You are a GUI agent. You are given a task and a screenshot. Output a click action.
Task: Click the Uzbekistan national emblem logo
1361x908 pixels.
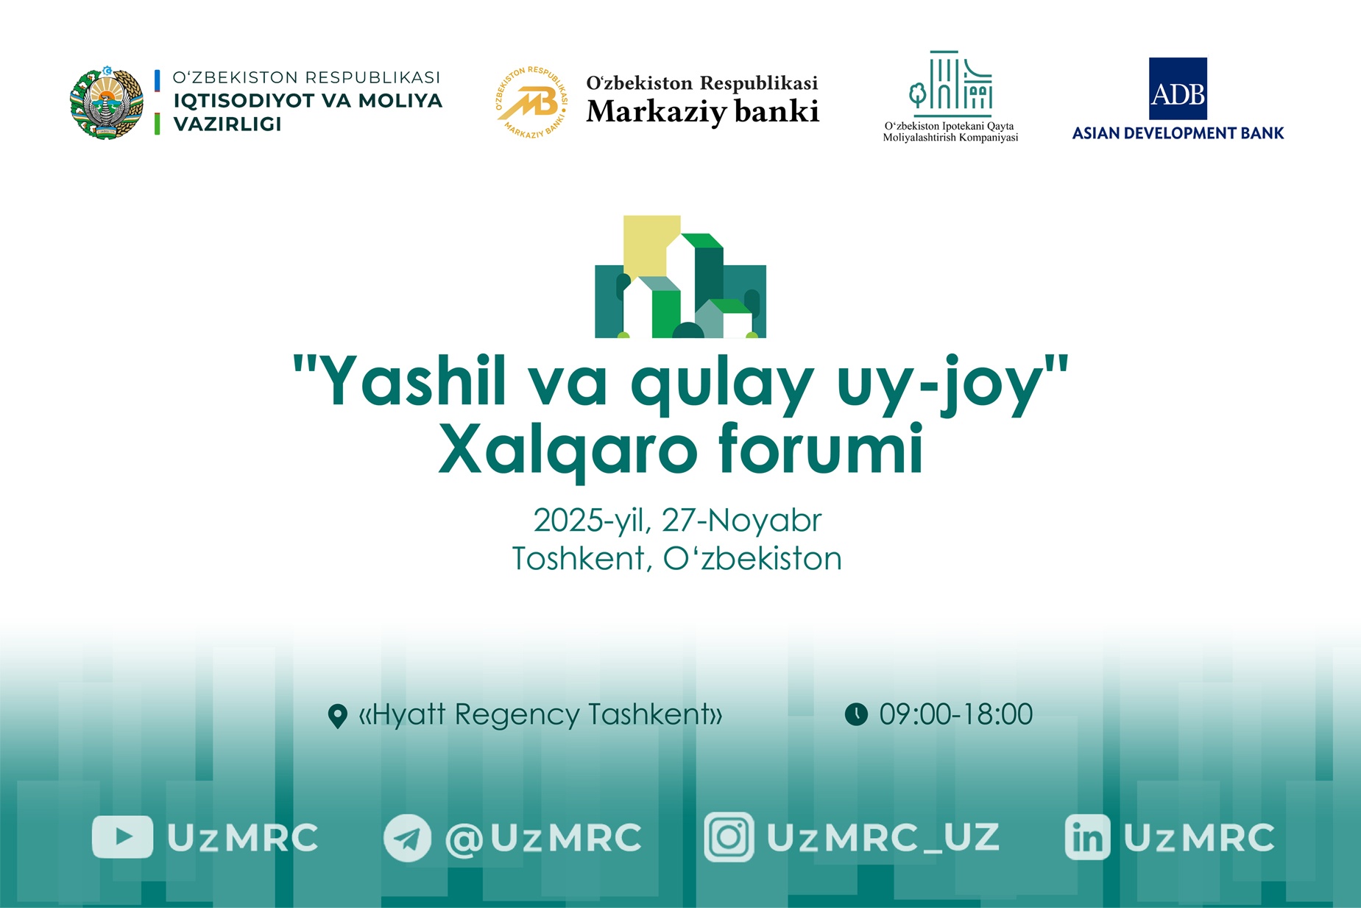106,103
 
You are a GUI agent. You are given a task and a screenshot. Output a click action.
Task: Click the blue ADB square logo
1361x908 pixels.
1178,89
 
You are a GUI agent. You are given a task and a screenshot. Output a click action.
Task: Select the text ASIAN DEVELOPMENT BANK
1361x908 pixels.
1178,133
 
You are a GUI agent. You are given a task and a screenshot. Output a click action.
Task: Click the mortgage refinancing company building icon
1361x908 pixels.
950,81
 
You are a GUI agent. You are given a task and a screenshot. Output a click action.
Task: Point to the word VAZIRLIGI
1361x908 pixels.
227,124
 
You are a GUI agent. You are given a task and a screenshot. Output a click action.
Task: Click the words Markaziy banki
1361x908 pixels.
702,112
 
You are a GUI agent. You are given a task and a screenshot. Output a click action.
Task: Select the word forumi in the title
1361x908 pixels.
820,449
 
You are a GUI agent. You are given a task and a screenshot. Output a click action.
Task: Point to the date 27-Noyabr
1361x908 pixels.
741,521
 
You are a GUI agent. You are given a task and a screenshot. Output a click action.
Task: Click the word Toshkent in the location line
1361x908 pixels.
579,559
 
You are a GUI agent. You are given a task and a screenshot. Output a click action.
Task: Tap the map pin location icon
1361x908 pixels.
337,716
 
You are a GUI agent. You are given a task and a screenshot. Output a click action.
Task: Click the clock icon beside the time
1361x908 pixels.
856,714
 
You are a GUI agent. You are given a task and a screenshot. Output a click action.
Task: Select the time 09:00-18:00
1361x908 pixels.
955,714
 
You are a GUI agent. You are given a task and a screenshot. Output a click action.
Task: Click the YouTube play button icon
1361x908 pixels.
122,837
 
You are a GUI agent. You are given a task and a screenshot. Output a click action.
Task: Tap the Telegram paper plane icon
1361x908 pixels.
407,838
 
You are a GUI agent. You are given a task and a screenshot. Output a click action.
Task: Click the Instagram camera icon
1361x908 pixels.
729,837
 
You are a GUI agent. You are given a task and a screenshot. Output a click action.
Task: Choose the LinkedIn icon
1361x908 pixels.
1087,837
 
